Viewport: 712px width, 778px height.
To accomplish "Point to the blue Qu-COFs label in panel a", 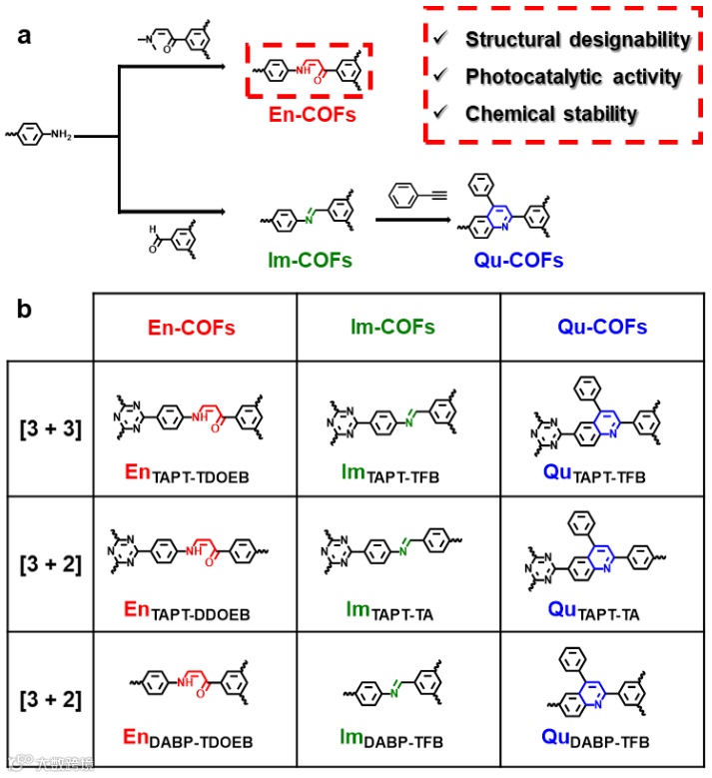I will [x=516, y=261].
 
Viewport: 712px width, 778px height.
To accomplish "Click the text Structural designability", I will [x=577, y=41].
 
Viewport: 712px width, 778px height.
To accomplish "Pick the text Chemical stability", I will [x=550, y=114].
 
